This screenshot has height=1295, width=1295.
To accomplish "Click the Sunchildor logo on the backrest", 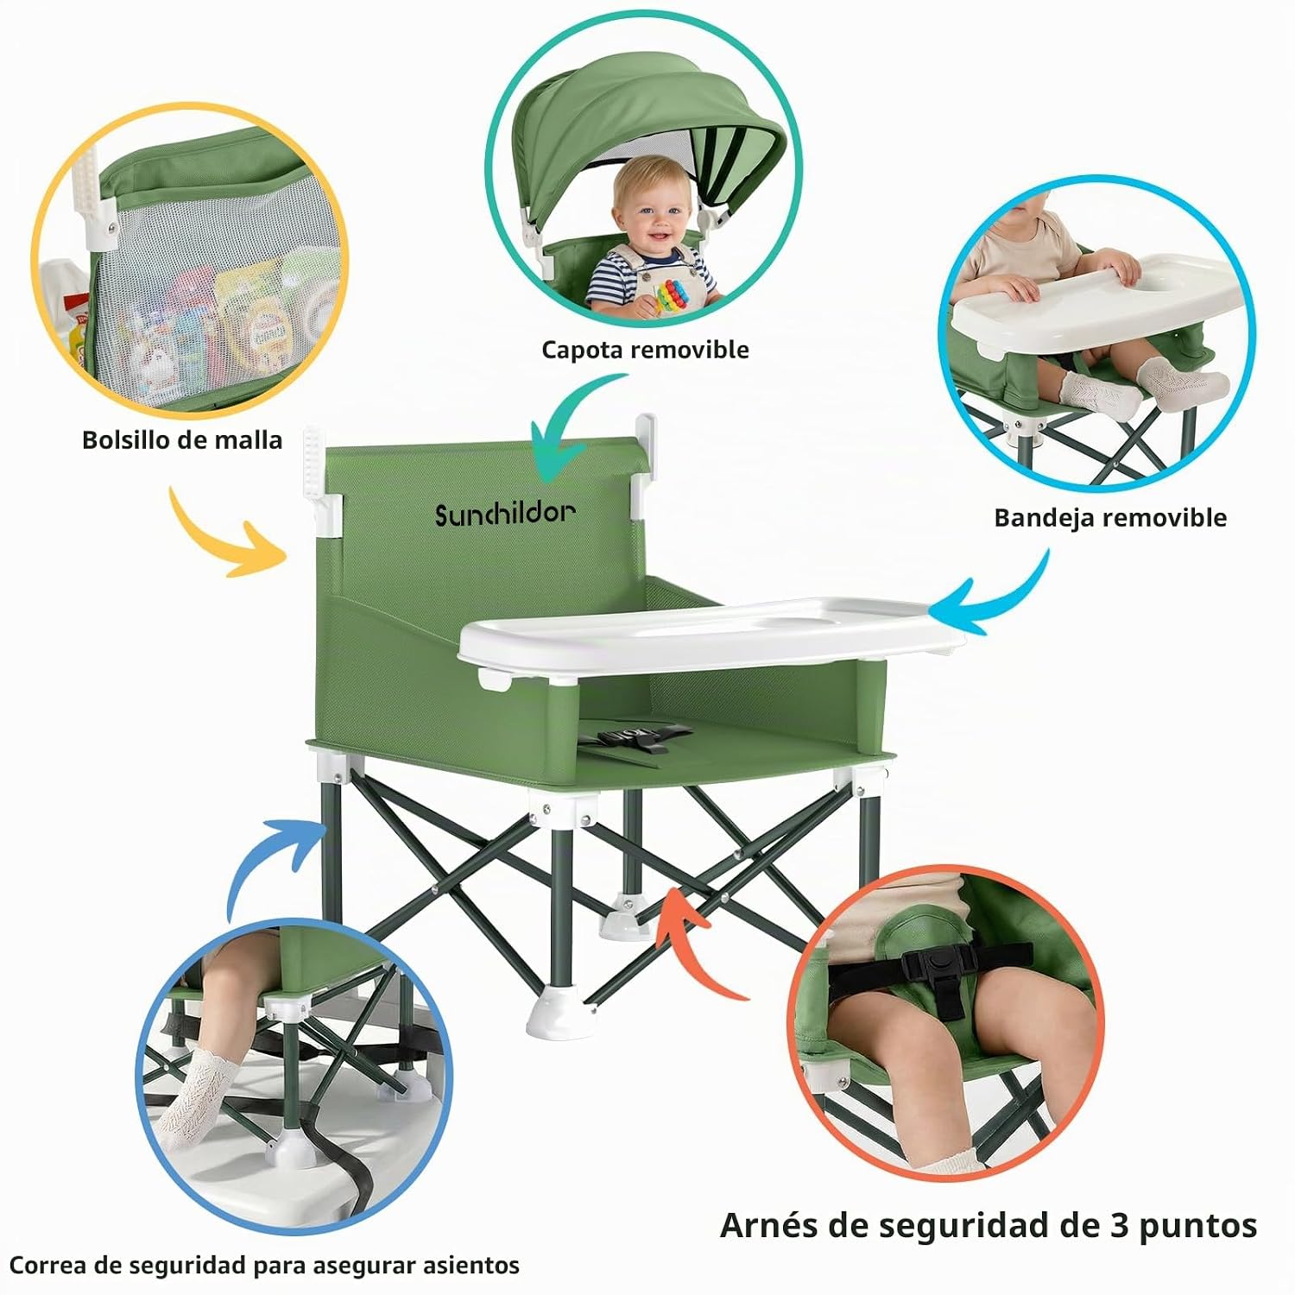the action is pos(505,515).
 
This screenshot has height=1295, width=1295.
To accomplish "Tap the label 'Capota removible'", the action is pos(645,350).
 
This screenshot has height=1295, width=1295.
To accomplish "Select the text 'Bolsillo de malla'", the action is pos(182,440).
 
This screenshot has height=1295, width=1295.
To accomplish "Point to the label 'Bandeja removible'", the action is pos(1110,518).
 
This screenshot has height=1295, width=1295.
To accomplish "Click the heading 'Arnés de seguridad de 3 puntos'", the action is pos(989,1226).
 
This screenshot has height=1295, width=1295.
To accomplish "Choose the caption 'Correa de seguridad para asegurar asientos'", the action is pos(265,1266).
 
